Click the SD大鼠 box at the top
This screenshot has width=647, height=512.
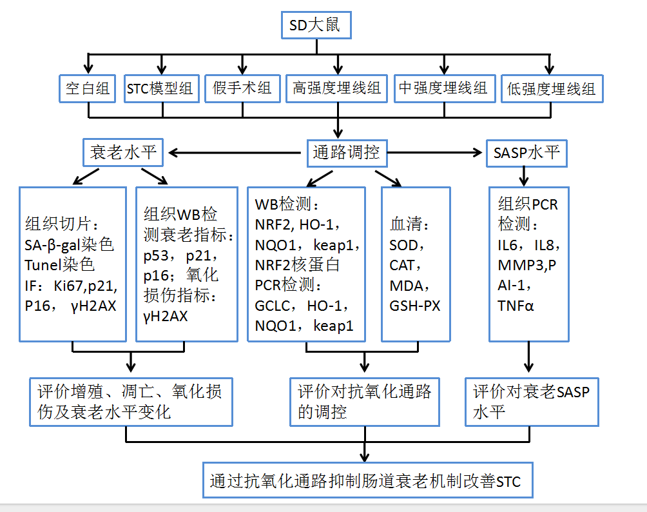(316, 26)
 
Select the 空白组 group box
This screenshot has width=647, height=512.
(88, 88)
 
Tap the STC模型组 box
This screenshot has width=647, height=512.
(160, 88)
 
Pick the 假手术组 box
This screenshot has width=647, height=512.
(242, 88)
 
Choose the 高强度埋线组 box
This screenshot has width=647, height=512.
(337, 88)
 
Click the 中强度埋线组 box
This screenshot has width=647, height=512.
(444, 88)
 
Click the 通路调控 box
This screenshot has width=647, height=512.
(346, 153)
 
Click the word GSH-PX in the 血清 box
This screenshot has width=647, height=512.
(415, 306)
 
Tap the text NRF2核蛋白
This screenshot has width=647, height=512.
(298, 265)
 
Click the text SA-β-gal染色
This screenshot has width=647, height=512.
(70, 246)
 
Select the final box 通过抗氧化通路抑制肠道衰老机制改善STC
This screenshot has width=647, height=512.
(368, 480)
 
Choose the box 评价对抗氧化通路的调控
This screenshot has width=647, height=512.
(365, 402)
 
